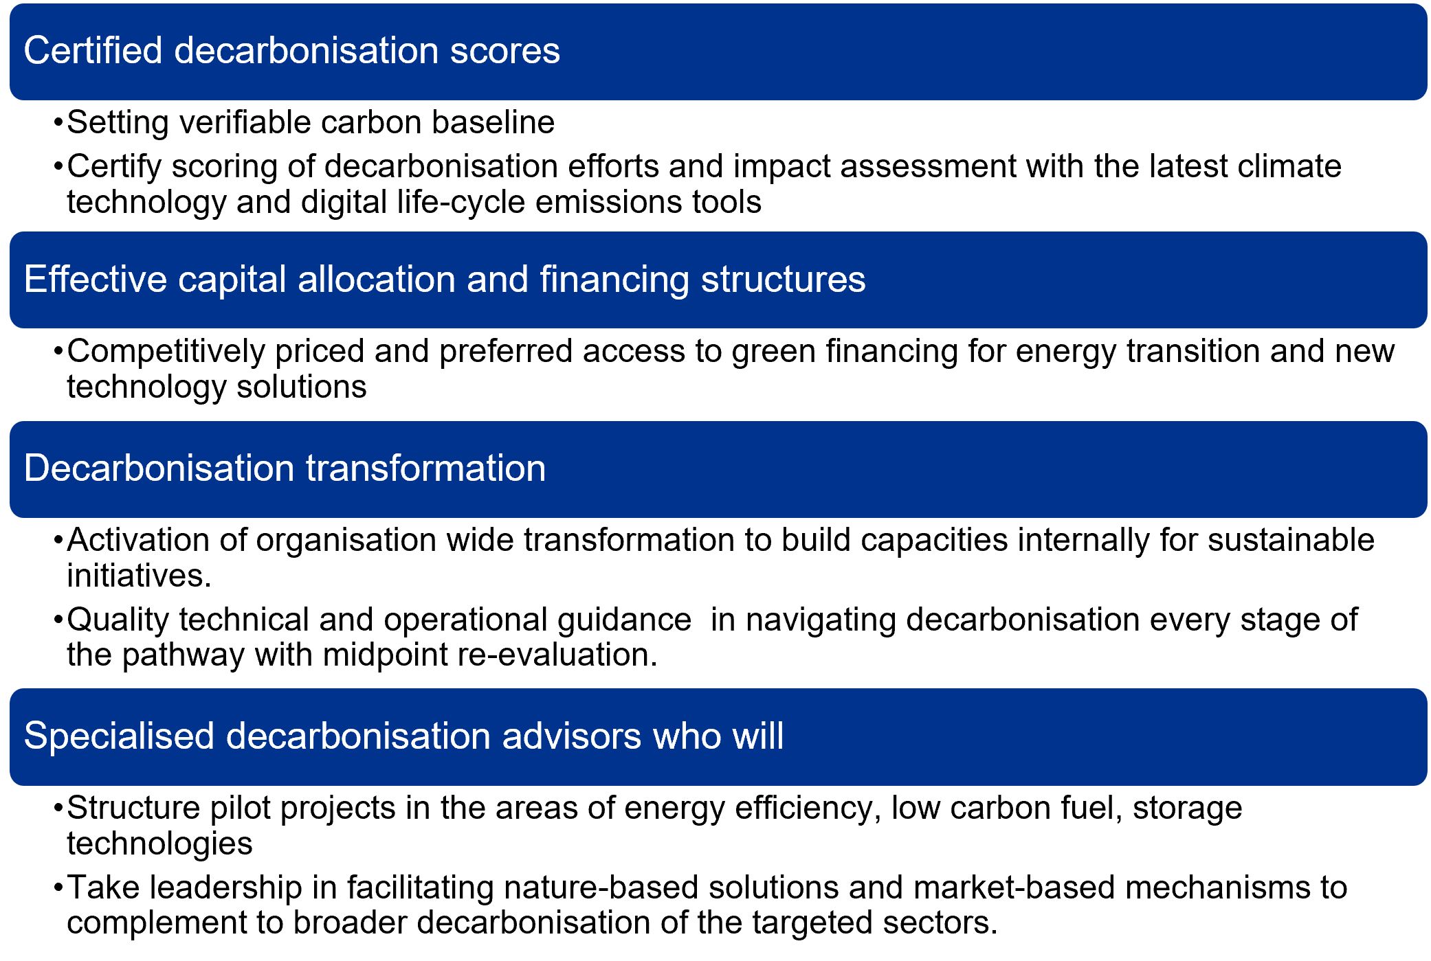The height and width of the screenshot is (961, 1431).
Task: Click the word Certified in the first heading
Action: [93, 50]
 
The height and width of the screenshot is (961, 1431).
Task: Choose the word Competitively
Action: [166, 352]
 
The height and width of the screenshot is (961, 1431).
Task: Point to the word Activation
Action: [138, 540]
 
